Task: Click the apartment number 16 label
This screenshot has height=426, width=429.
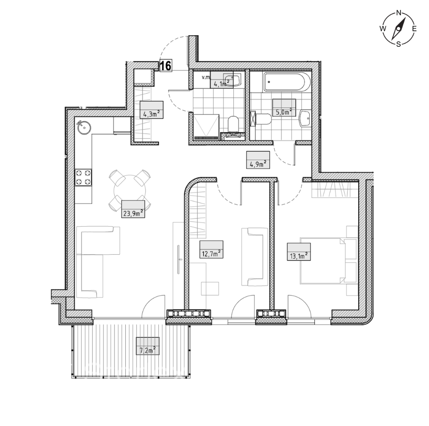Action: click(x=166, y=66)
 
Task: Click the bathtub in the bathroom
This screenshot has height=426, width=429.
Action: click(x=287, y=81)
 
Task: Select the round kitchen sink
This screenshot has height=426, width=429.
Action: click(x=84, y=127)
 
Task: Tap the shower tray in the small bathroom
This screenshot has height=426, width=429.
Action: click(x=206, y=128)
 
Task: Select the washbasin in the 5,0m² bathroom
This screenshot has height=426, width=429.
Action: click(x=305, y=119)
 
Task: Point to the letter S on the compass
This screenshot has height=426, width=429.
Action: click(x=399, y=44)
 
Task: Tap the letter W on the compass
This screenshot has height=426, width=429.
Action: click(x=383, y=28)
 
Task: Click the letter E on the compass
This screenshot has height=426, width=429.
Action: click(x=414, y=28)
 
